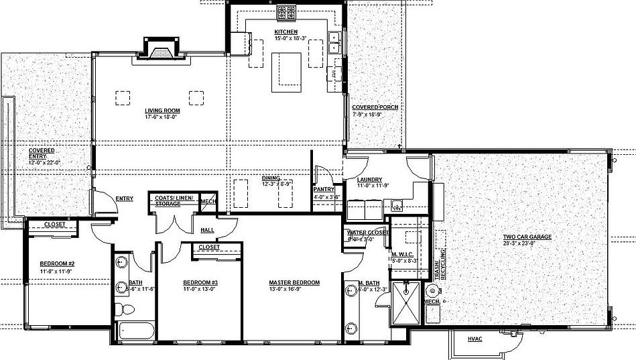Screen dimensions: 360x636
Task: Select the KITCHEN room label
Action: coord(286,32)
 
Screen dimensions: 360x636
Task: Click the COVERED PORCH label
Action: coord(375,107)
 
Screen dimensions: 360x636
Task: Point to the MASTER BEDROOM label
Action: coord(294,283)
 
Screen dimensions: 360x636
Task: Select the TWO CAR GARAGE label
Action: coord(527,237)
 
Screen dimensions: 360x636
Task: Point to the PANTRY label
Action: coord(324,190)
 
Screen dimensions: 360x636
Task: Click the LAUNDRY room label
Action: coord(370,180)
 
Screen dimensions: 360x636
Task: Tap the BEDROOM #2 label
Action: coord(57,263)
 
